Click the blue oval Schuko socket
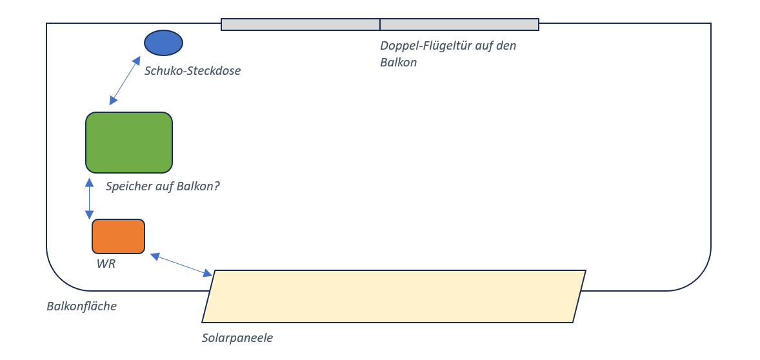point(163,43)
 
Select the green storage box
point(129,143)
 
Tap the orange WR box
point(118,236)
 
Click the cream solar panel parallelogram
point(394,296)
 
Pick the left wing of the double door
point(300,25)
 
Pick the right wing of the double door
point(459,25)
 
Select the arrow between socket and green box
point(125,81)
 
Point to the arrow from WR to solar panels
point(181,265)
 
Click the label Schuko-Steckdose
point(192,71)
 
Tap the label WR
point(106,263)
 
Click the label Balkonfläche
point(81,306)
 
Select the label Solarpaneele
point(237,337)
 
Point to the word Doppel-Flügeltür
point(421,46)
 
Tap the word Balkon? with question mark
point(198,186)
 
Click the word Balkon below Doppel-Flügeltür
point(398,63)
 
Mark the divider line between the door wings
point(380,25)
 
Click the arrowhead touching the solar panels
point(208,274)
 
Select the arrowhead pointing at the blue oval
point(137,60)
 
